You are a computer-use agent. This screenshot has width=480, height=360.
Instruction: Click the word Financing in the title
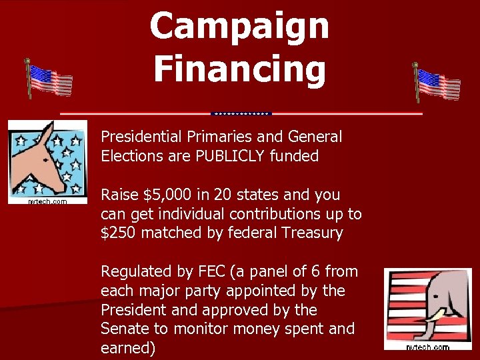tap(239, 69)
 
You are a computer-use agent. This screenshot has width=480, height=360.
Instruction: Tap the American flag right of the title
tap(437, 84)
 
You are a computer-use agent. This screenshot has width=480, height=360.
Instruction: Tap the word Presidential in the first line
tap(141, 137)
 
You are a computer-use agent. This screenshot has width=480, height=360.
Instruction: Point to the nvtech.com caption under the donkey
tap(47, 201)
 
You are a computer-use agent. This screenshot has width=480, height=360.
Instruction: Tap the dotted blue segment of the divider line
tap(241, 113)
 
